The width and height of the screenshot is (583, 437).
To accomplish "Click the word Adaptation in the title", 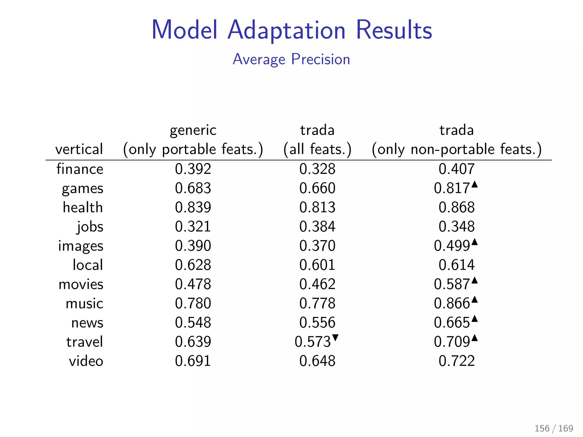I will click(286, 30).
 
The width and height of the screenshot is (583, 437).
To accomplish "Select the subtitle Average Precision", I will click(291, 59).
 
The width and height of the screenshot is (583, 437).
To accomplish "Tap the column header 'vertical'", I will click(79, 149).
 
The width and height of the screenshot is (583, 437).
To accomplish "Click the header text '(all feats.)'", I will click(317, 149).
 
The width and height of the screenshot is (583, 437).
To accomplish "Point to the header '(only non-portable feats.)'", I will click(457, 149).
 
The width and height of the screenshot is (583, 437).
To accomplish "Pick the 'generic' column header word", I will click(193, 130).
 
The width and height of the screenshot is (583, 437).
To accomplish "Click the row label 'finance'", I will click(80, 169).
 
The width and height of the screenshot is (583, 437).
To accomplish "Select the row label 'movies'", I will click(81, 284).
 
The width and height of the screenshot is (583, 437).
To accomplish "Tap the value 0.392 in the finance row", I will click(193, 169).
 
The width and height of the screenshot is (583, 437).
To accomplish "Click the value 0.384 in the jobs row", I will click(317, 227).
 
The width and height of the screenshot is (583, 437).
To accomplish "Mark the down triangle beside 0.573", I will click(335, 338).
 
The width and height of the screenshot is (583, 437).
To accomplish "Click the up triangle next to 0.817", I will click(474, 185).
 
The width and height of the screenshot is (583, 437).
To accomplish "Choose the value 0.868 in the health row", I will click(457, 207).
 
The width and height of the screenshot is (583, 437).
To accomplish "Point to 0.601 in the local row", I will click(317, 265).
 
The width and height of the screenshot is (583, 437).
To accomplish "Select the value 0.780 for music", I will click(193, 304).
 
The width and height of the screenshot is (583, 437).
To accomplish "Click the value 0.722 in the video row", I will click(457, 361).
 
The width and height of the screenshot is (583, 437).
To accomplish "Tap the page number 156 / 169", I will click(554, 428).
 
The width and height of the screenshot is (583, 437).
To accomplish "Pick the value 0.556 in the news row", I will click(317, 323).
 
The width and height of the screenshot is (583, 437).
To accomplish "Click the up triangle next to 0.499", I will click(474, 242).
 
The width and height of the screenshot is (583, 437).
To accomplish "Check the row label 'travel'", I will click(84, 342).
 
